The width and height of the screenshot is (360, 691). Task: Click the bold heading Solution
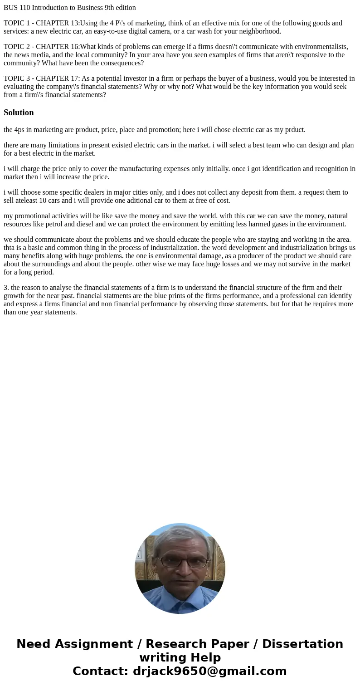[x=19, y=113]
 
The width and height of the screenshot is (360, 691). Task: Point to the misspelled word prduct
[x=295, y=130]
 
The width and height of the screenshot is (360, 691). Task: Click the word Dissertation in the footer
[x=302, y=644]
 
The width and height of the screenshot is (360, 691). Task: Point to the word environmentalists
[x=320, y=47]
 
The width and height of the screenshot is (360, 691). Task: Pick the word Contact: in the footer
[x=100, y=671]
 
